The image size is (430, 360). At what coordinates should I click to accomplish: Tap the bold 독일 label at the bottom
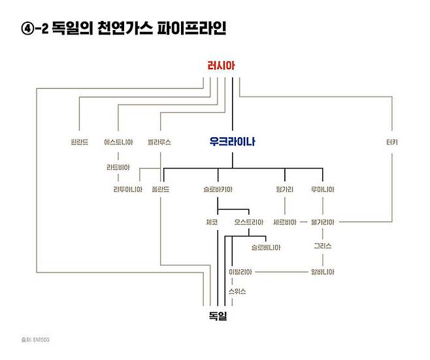(219, 316)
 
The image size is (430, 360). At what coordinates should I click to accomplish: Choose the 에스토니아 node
(118, 141)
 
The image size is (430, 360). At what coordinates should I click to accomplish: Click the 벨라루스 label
(159, 141)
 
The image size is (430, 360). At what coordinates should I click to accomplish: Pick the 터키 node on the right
(393, 141)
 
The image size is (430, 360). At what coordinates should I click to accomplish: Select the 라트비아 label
(118, 166)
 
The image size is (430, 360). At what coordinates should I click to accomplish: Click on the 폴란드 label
(161, 189)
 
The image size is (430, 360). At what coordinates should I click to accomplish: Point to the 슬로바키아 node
(218, 189)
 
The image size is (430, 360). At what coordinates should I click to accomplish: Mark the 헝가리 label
(286, 189)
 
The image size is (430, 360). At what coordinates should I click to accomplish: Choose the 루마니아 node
(322, 189)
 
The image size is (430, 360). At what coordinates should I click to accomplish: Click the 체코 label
(211, 222)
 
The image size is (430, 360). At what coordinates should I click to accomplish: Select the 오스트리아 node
(248, 222)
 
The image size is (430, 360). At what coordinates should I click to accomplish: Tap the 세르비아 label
(286, 222)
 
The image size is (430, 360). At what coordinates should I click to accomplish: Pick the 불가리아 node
(323, 222)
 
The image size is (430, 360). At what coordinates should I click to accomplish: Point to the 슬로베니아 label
(266, 248)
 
